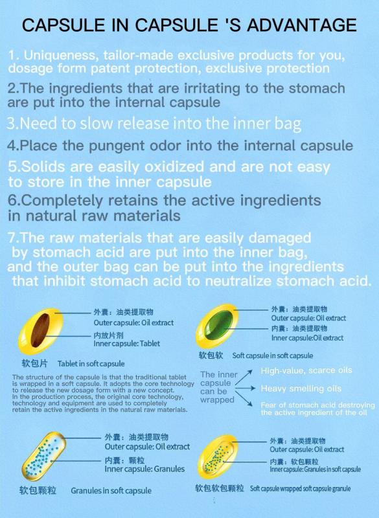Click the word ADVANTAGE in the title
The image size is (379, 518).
coord(302,25)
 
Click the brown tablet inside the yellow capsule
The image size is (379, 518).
coord(40,330)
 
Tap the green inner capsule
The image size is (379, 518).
coord(218,325)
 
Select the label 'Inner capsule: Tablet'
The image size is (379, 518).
coord(126,344)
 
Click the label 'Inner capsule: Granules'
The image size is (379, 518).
coord(144,469)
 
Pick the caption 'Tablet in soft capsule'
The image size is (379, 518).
coord(91,364)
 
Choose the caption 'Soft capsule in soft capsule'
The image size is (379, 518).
coord(273,355)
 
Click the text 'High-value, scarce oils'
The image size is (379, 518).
coord(306,370)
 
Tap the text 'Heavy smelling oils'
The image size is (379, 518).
coord(301,388)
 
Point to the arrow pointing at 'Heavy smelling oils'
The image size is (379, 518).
coord(245,388)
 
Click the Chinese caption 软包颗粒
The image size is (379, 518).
coord(38,490)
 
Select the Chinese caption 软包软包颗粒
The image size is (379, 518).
coord(220,488)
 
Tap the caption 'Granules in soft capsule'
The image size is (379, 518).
coord(111,491)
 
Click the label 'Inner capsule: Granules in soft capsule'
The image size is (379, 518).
coord(316,469)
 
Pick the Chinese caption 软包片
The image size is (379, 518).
coord(35,363)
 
